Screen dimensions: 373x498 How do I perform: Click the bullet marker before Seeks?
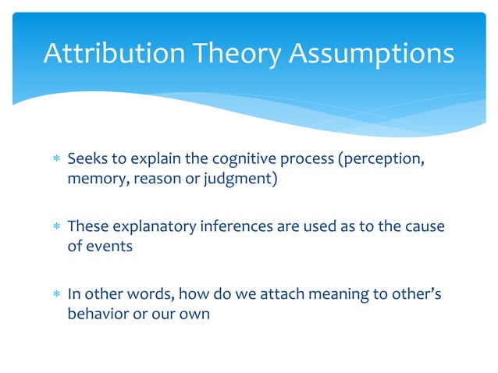click(x=55, y=161)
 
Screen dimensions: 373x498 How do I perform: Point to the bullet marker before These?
click(x=55, y=228)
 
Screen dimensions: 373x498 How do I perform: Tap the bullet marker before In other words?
click(x=55, y=295)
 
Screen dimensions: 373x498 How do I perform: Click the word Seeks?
click(x=87, y=160)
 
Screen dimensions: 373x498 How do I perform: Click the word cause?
click(x=424, y=227)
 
